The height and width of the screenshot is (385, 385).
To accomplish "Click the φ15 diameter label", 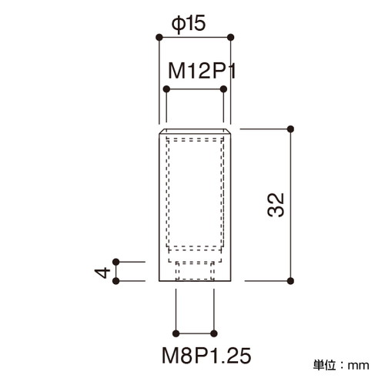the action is click(x=189, y=24).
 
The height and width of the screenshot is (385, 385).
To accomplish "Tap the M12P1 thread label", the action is click(x=202, y=71).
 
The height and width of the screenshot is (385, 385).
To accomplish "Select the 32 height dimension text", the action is click(x=276, y=205).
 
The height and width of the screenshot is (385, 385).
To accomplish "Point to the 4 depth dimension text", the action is click(x=102, y=273).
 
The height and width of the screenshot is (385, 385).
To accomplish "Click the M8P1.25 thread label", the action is click(x=206, y=356).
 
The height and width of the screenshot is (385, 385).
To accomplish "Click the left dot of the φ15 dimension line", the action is click(x=159, y=37).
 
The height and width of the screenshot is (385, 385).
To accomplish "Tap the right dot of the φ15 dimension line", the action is click(x=230, y=37).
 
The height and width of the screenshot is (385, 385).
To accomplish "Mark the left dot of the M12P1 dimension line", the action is click(x=166, y=89).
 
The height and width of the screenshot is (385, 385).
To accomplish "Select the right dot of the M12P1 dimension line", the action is click(x=223, y=89).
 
